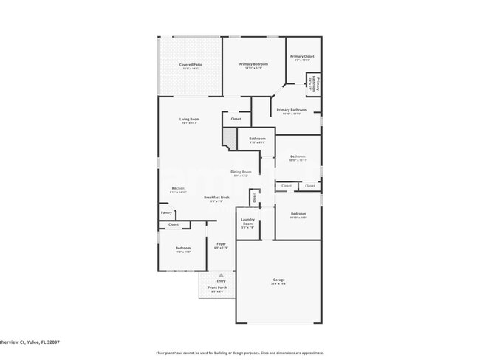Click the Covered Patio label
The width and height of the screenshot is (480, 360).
pos(191,65)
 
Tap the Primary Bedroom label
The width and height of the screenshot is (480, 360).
pos(253,65)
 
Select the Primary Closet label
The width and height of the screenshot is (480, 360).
pos(303,57)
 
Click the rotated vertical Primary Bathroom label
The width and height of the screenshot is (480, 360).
pos(314,83)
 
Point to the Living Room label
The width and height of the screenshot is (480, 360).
pos(190,120)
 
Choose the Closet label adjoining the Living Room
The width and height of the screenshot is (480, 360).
pos(236,119)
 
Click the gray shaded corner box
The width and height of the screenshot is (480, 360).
pos(230,137)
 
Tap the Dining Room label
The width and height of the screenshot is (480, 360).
pos(241,172)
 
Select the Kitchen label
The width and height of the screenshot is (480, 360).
pos(178,189)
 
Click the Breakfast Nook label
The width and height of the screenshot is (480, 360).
pos(216,198)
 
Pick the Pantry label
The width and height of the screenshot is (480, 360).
pos(166,212)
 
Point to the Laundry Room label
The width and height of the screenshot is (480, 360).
pos(247,221)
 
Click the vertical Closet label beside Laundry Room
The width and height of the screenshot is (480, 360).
pos(254,197)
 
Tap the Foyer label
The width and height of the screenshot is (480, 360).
pos(221,244)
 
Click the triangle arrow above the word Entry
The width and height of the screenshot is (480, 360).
pos(221,274)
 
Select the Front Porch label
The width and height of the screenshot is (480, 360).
pos(219,288)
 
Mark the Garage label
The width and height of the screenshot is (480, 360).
pos(278,280)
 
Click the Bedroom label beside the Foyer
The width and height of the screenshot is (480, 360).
pos(182,248)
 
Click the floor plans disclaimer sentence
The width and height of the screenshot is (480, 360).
pos(239,353)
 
